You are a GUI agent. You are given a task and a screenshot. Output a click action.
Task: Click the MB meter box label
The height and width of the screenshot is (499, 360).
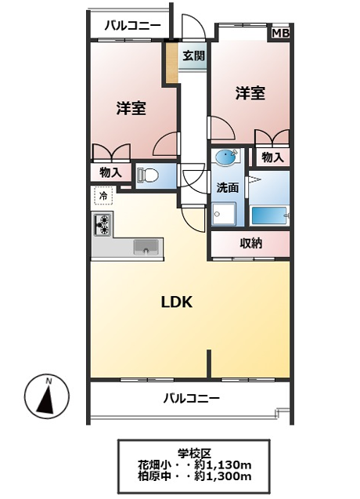(280, 33)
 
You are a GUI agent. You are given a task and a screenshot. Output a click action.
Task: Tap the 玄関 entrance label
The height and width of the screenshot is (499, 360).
(193, 56)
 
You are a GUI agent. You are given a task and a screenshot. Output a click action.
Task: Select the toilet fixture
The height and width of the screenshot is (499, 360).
(147, 175)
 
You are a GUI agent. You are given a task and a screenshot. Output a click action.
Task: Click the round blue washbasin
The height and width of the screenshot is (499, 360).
(225, 157)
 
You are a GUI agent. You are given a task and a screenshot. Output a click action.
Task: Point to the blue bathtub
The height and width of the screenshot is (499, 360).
(270, 215)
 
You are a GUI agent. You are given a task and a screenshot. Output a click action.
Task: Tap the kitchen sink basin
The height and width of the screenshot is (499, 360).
(146, 247)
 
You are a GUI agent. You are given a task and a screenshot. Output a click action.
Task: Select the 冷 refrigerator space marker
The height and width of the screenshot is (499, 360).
(103, 196)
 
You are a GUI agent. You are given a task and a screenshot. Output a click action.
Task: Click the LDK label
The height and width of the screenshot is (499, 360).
(177, 302)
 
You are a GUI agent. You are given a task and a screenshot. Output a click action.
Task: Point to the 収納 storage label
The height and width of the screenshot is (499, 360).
(250, 244)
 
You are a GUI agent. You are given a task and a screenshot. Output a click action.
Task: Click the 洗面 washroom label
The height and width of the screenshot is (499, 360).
(228, 188)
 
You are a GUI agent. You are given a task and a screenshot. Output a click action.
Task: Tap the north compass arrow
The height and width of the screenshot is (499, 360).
(46, 396)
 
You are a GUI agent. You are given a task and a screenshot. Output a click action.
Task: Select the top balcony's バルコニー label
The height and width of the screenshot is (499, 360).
(133, 25)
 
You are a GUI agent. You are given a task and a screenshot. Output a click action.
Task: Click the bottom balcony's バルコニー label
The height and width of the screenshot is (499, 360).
(192, 398)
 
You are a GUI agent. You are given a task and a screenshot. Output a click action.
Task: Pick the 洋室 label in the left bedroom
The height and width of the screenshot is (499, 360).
(131, 108)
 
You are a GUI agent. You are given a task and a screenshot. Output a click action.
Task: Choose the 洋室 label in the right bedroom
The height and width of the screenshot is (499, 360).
(250, 93)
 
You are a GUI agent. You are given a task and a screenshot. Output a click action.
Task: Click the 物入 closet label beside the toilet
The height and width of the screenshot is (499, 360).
(110, 172)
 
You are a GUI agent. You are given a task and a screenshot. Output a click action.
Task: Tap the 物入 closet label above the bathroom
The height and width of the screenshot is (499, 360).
(272, 157)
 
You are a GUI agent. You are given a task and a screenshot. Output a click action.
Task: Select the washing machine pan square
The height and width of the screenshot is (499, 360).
(224, 214)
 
